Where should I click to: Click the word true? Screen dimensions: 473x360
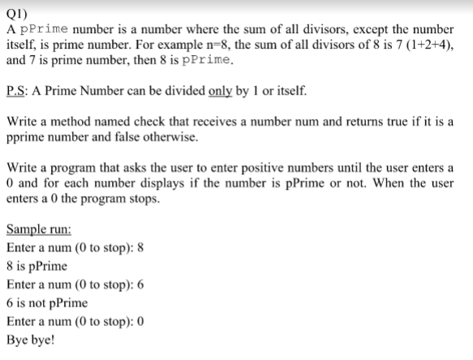click(x=402, y=121)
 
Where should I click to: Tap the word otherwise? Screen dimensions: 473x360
click(x=170, y=136)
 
